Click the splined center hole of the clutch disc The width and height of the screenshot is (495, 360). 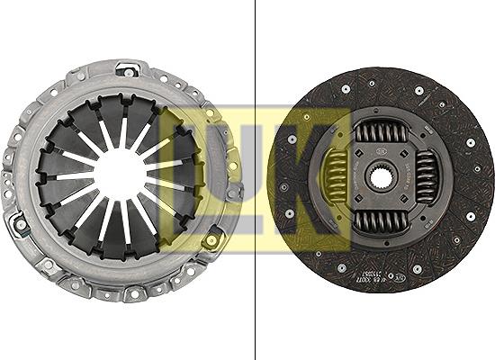tap(382, 175)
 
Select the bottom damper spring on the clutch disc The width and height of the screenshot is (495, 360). tap(381, 220)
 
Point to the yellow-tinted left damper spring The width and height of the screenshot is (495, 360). tap(337, 176)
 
